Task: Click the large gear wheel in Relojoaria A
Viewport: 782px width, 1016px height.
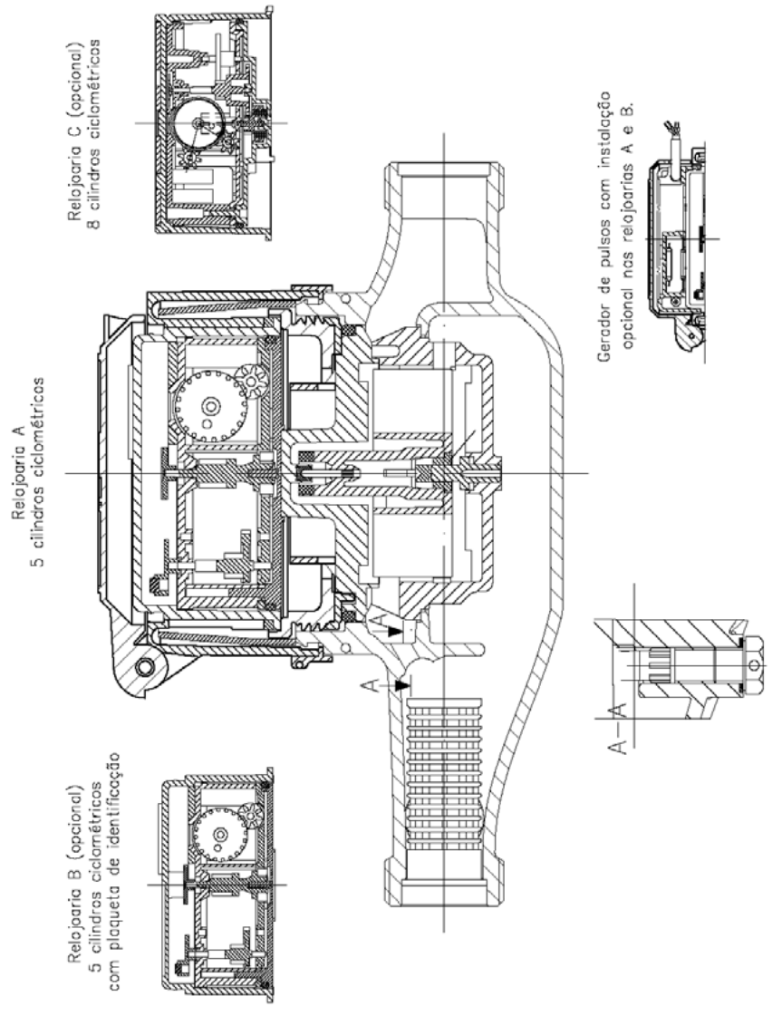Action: click(x=210, y=406)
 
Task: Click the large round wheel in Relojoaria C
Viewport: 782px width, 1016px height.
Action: click(x=199, y=123)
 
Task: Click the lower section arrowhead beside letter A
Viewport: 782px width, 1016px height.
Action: click(x=403, y=684)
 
